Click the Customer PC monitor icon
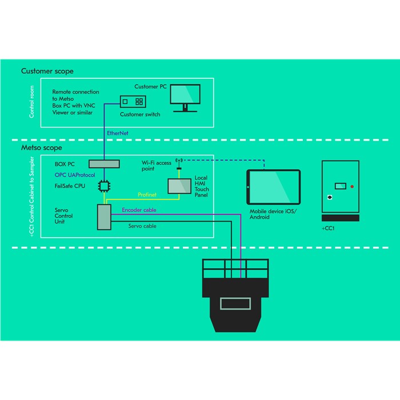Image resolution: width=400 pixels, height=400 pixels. [x=185, y=96]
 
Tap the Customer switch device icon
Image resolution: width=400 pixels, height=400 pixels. [x=134, y=102]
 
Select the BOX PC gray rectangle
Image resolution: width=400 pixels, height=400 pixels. [x=103, y=164]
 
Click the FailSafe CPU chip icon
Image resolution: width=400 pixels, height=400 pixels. [x=103, y=186]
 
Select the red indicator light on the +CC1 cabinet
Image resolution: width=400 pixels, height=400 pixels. [x=352, y=186]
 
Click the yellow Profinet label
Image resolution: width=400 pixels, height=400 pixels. [x=147, y=195]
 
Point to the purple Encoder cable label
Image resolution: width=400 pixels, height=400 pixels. [x=139, y=210]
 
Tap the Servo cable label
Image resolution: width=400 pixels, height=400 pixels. [x=142, y=226]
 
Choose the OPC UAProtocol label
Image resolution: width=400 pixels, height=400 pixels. [x=75, y=175]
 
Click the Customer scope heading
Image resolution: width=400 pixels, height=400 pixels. [x=47, y=71]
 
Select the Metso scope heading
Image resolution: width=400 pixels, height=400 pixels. [x=41, y=147]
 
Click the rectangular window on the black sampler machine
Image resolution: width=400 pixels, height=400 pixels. [x=236, y=303]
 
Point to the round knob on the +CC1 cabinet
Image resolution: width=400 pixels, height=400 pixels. [x=330, y=198]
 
